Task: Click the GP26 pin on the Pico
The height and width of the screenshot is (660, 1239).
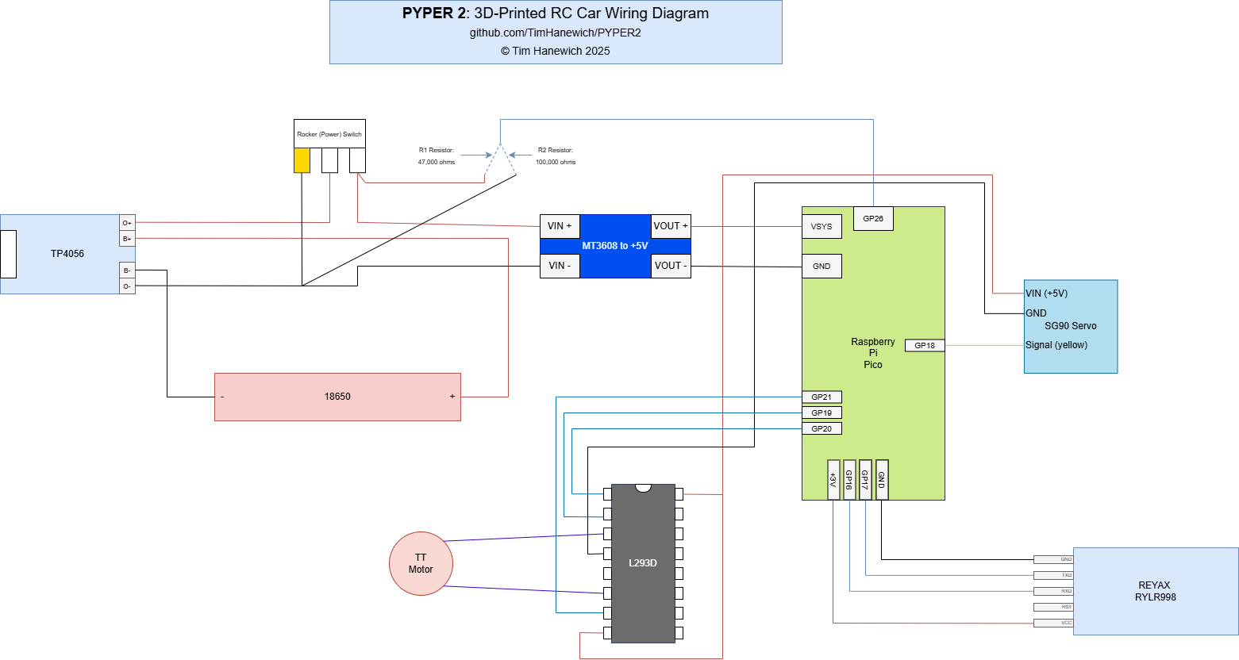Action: click(x=873, y=219)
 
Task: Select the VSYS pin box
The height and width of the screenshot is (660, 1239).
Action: click(x=822, y=227)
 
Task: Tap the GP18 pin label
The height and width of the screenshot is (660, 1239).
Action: click(x=925, y=346)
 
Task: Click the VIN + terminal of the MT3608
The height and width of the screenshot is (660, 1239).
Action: click(x=560, y=226)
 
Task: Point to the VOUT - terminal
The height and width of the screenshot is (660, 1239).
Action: click(x=671, y=266)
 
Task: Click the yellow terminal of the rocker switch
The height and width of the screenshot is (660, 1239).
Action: click(x=302, y=160)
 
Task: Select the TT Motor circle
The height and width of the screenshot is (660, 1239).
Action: click(x=421, y=563)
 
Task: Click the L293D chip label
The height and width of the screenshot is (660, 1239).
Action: click(x=643, y=563)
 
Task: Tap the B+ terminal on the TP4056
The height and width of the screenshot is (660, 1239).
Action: click(x=127, y=239)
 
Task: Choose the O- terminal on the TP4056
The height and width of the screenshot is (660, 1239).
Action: click(x=127, y=286)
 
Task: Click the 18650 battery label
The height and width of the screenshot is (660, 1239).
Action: click(x=337, y=397)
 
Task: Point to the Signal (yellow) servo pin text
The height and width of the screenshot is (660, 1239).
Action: click(x=1056, y=345)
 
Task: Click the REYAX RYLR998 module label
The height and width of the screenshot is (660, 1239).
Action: click(x=1155, y=591)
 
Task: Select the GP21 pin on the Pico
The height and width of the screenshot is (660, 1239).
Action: click(x=822, y=397)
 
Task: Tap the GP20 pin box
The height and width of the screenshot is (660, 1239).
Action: click(x=822, y=429)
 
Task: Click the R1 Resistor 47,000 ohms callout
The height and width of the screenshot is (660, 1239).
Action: click(x=437, y=155)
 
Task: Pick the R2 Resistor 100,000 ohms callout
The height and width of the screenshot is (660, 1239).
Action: click(x=556, y=155)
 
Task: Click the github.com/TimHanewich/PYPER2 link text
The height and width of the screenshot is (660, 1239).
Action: click(x=555, y=33)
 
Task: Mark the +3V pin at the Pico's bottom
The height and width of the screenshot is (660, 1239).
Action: click(x=833, y=480)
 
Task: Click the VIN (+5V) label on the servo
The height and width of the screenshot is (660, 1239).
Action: click(x=1047, y=294)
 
